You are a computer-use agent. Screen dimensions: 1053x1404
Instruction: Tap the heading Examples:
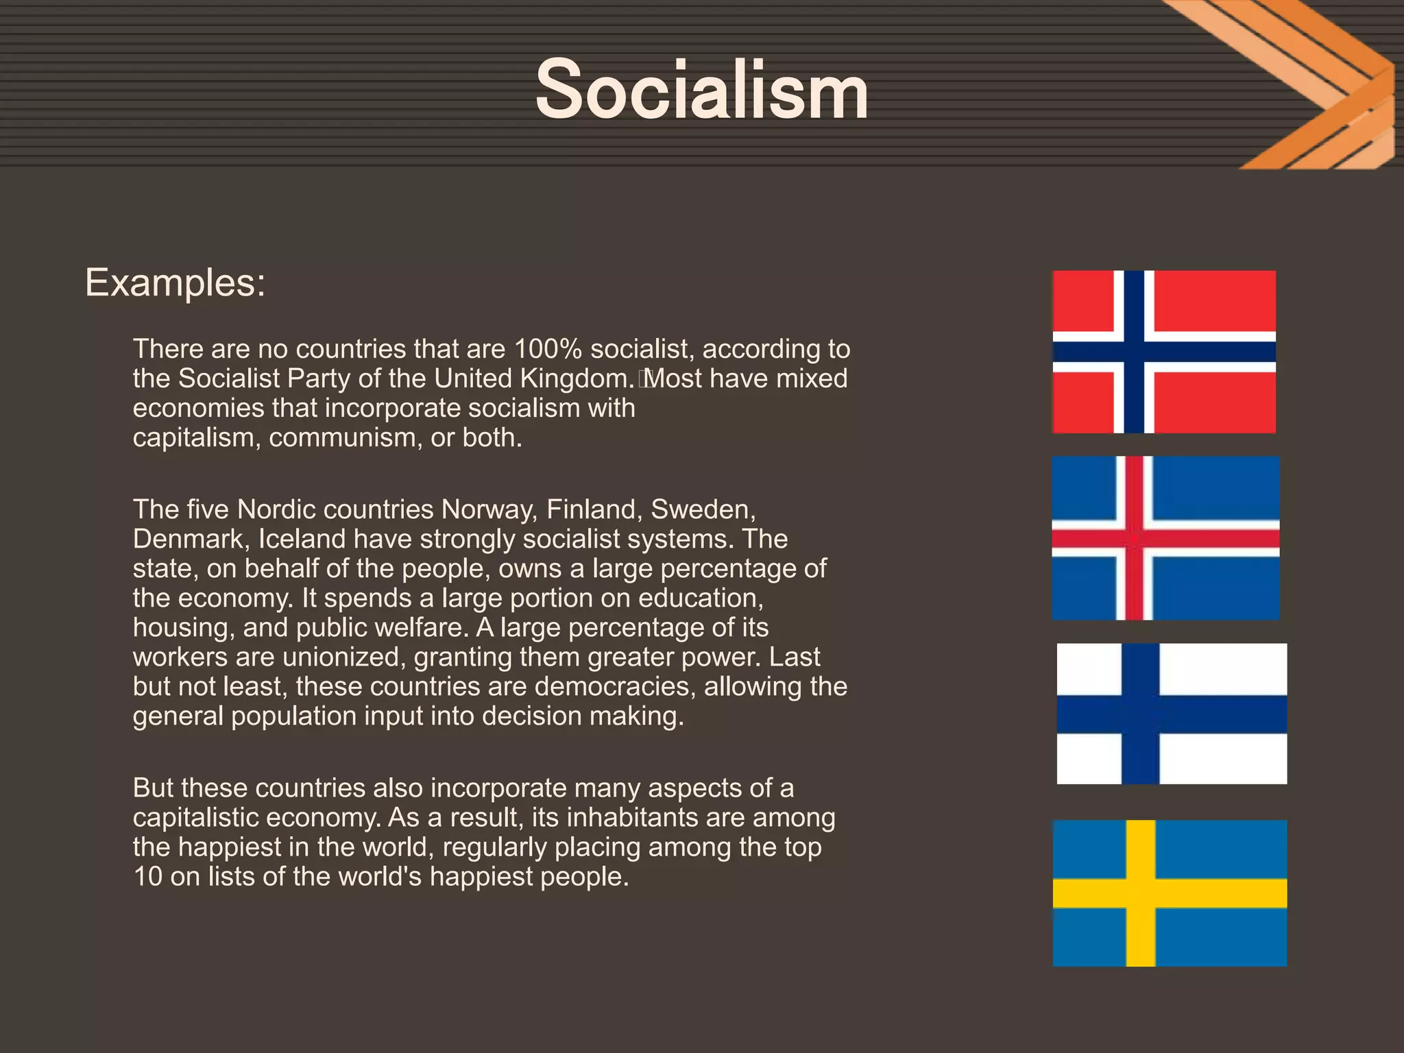click(x=175, y=282)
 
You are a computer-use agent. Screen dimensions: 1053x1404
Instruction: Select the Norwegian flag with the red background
click(x=1164, y=352)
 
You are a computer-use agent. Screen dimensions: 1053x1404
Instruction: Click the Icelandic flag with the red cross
click(x=1165, y=538)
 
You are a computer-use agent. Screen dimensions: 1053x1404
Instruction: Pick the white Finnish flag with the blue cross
click(x=1172, y=714)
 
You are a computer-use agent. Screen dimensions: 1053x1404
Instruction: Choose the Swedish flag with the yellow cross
click(x=1170, y=893)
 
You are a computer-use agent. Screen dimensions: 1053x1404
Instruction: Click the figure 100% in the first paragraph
click(x=548, y=349)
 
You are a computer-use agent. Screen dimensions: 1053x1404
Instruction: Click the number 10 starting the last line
click(x=147, y=876)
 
